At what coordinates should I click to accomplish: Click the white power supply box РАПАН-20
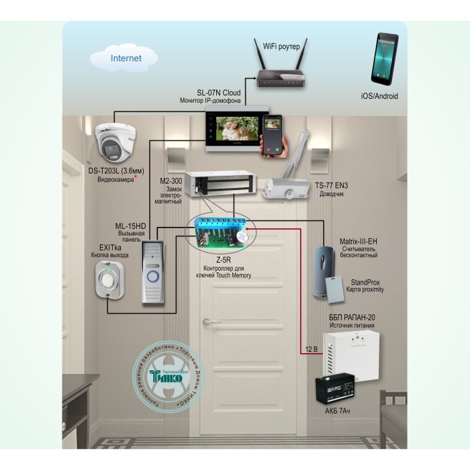pos(347,353)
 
